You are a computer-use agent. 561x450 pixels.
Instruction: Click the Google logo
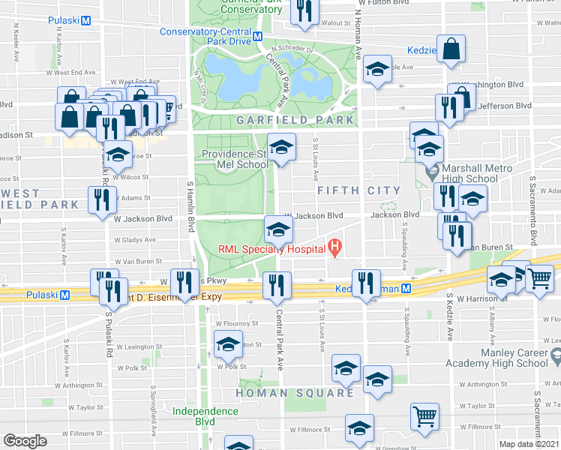coord(25,441)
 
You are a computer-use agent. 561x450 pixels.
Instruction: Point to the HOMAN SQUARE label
coord(295,393)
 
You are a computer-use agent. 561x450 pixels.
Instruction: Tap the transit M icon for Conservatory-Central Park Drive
coord(257,36)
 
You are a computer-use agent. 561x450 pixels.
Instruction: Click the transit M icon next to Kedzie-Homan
coord(406,288)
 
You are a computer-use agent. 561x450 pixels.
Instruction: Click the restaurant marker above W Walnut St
coord(304,10)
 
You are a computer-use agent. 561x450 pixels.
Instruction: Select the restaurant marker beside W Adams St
coord(101,199)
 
